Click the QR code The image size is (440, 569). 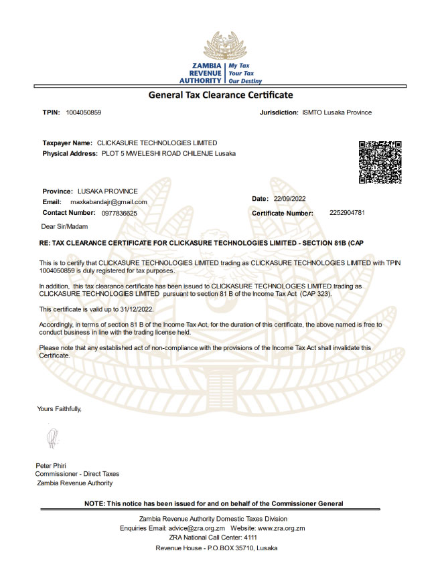tap(380, 163)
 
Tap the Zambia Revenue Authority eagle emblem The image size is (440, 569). tap(220, 44)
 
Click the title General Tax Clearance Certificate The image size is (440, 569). tap(220, 95)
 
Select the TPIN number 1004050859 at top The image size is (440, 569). tap(84, 112)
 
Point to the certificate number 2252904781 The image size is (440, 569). tap(347, 212)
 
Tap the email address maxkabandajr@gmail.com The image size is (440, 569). tap(108, 201)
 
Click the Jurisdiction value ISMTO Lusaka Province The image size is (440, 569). tap(337, 112)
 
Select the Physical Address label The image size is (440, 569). tap(70, 153)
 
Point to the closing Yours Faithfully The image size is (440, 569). tap(60, 408)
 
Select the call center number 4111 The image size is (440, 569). tap(250, 538)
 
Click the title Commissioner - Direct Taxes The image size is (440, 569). tap(77, 474)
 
